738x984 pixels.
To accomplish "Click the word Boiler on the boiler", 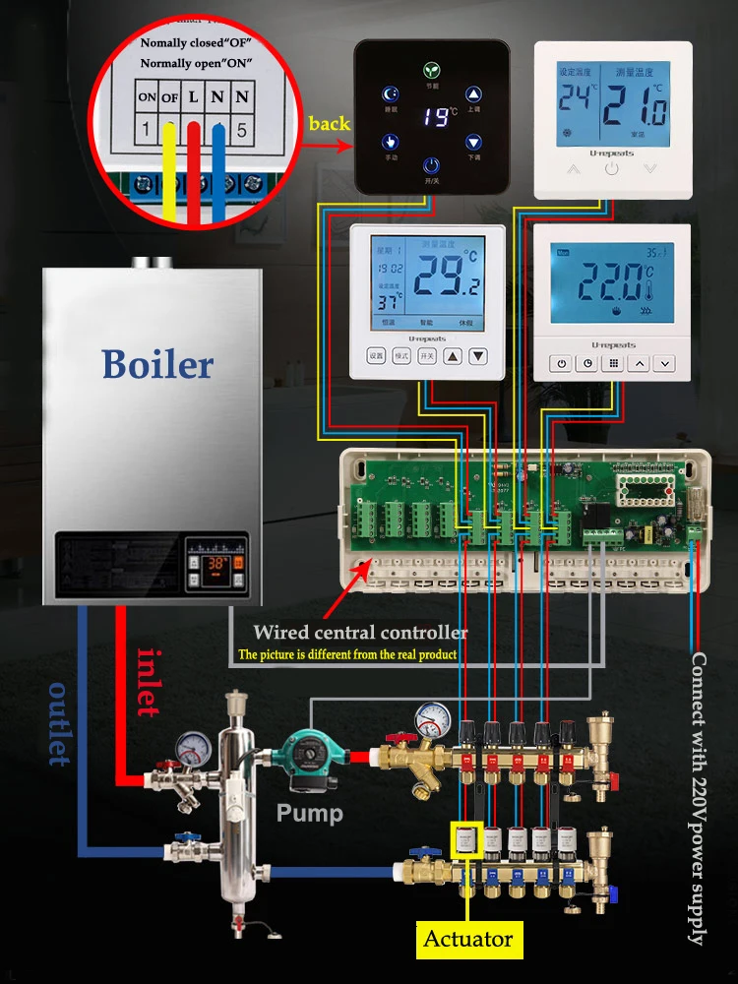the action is pos(157,364).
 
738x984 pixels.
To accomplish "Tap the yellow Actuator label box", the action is pos(468,939).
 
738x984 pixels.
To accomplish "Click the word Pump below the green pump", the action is pos(310,814).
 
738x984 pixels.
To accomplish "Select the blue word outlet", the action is pos(59,723).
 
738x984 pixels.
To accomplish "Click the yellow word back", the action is pos(329,124).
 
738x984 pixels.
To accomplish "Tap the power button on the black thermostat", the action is pos(431,165).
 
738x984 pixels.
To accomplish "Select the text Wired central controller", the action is pos(360,633).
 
